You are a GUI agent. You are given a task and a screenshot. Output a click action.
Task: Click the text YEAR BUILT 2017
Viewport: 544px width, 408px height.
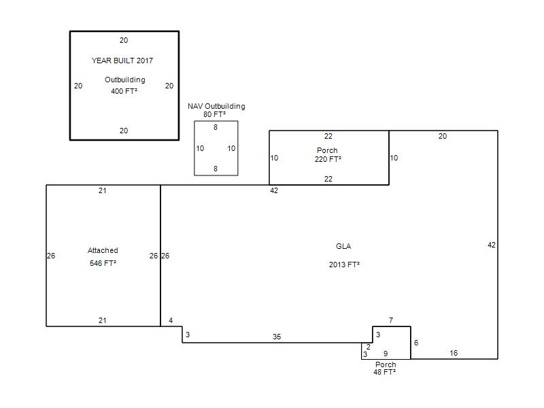(122, 61)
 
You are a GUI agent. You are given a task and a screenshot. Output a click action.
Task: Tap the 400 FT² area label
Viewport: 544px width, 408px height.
(124, 91)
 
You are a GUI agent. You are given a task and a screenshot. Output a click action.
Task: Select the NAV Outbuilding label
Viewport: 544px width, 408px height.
(216, 106)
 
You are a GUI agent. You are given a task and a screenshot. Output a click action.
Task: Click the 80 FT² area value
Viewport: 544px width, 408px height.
(214, 114)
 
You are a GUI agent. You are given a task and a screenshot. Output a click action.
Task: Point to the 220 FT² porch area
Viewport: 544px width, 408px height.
(328, 159)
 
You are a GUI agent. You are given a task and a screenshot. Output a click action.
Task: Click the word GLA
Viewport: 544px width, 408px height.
(343, 246)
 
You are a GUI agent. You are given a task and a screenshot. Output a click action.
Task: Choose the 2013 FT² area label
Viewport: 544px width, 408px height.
(344, 265)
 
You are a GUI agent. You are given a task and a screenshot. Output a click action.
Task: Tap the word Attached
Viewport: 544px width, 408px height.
(103, 250)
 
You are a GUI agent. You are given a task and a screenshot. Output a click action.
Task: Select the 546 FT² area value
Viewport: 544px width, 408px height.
(103, 263)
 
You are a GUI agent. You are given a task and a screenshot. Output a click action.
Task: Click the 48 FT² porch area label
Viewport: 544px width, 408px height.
(384, 372)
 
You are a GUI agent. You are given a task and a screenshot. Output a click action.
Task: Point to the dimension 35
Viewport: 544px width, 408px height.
(277, 337)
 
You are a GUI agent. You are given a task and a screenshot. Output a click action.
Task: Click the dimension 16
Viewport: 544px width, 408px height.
(454, 353)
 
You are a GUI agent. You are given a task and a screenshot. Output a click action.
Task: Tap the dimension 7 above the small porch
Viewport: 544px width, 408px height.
(391, 320)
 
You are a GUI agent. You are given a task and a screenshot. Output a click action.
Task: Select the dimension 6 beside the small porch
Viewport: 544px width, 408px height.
(416, 343)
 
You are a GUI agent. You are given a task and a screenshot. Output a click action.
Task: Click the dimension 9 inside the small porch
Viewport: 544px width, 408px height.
(386, 354)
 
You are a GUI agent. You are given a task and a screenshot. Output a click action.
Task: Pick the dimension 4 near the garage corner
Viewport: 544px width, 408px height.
(171, 320)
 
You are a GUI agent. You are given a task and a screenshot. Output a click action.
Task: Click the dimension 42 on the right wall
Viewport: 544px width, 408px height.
(492, 245)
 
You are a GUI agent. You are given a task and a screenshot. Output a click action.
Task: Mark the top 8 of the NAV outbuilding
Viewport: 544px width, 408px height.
(216, 127)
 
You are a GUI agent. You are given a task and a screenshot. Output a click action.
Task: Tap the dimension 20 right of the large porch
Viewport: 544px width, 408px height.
(443, 136)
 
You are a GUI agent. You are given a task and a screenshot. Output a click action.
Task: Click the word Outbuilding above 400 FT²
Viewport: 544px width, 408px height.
(125, 80)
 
